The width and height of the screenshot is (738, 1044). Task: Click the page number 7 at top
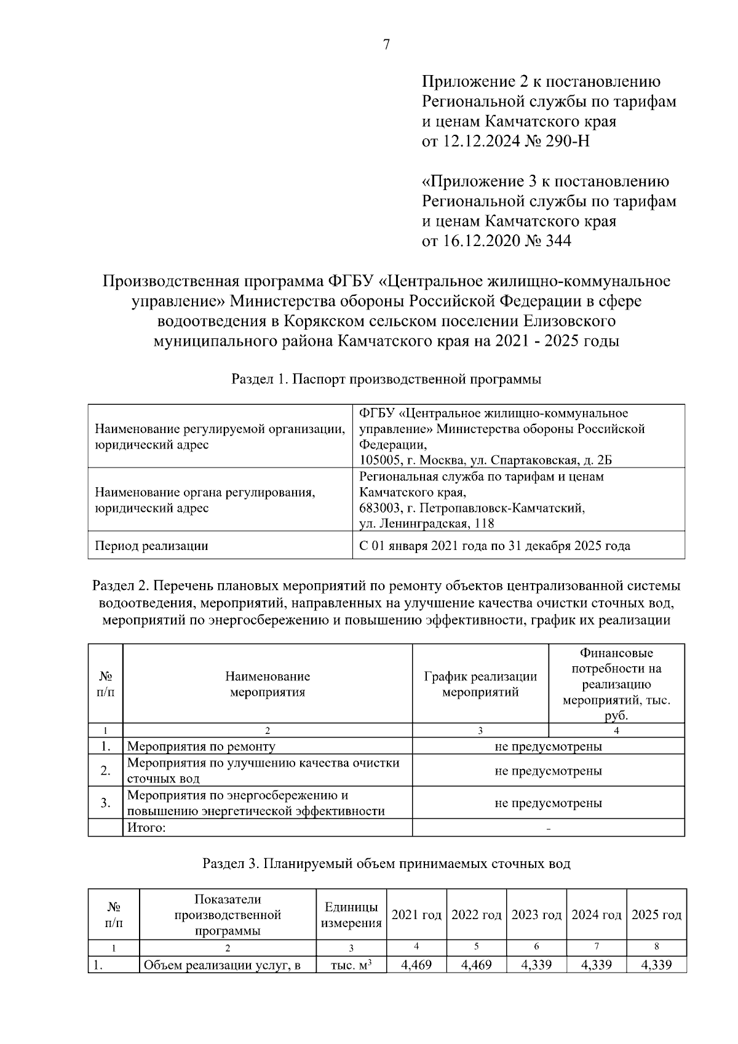click(386, 45)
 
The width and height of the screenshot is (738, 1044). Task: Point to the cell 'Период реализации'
click(151, 546)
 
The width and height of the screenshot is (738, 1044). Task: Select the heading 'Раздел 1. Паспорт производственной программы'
click(386, 379)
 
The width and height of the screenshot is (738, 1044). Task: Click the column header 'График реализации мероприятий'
click(480, 684)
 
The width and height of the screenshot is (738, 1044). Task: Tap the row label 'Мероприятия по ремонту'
click(201, 746)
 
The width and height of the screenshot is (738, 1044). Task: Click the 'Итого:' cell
click(146, 827)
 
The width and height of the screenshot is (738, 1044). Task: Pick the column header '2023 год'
click(536, 915)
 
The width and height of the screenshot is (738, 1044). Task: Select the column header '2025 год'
click(656, 915)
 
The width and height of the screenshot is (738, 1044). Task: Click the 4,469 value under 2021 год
click(416, 965)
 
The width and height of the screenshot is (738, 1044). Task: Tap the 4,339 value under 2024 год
click(597, 965)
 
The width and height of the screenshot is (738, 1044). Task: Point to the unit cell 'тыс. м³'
click(351, 965)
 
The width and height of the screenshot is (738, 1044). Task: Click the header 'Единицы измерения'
click(351, 915)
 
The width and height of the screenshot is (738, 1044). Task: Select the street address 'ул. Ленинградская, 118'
click(427, 524)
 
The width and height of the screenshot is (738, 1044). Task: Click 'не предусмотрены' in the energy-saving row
click(548, 803)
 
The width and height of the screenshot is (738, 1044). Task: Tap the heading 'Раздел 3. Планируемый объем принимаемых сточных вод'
click(386, 864)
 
